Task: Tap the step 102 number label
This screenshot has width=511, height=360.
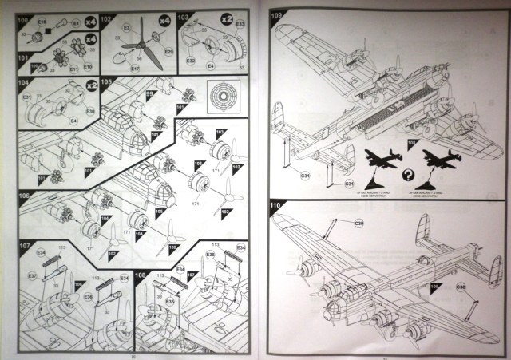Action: [x=105, y=17]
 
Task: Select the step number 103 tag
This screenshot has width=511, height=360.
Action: [x=184, y=17]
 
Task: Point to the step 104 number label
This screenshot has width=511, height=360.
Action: [x=24, y=82]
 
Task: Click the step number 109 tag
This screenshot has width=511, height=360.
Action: [x=279, y=15]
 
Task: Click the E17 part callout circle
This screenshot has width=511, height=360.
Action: [x=135, y=69]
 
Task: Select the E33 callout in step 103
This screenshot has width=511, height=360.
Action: [x=240, y=31]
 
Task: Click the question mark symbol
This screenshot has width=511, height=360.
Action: [x=408, y=173]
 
